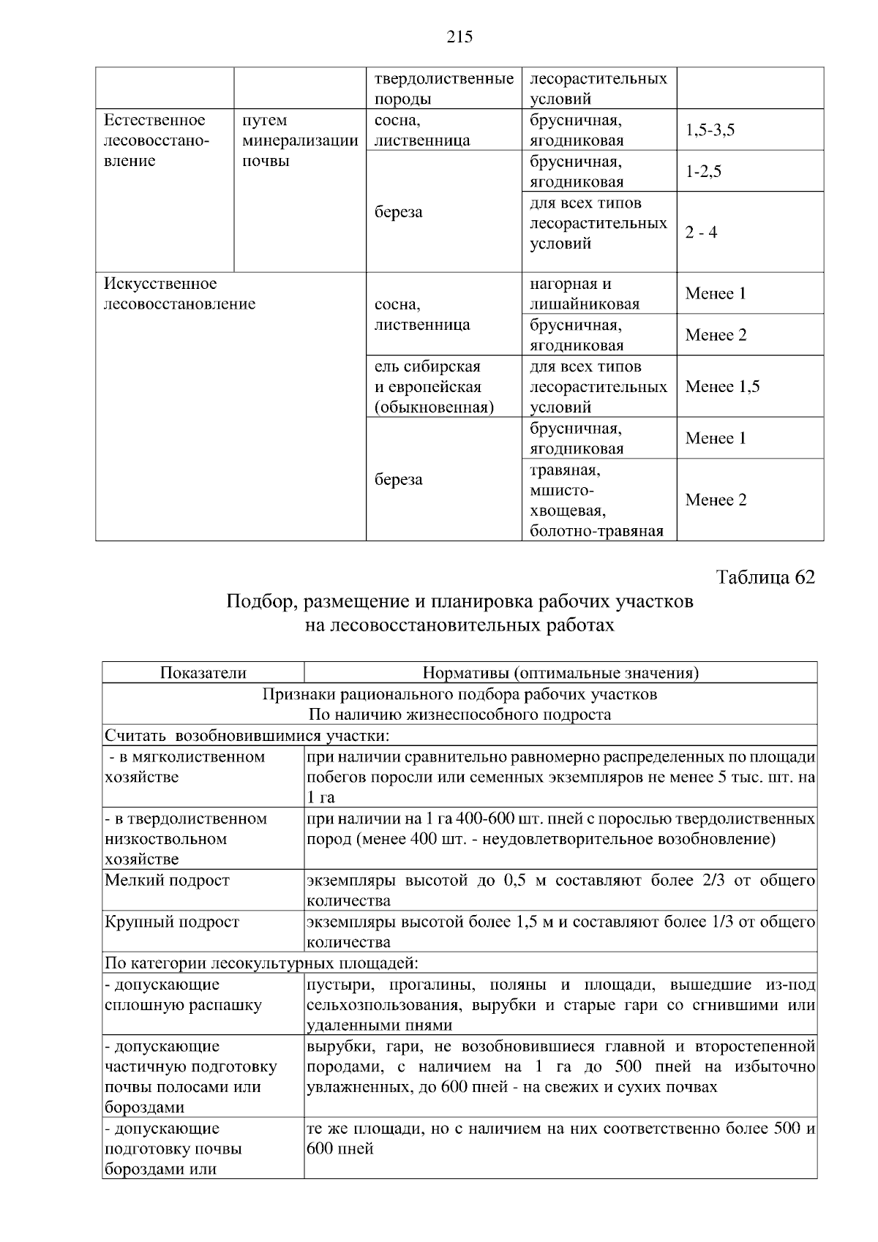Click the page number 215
point(459,37)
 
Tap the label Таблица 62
point(765,577)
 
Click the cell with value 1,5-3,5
point(710,130)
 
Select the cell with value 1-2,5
point(703,172)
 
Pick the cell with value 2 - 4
point(701,233)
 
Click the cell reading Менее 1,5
point(722,386)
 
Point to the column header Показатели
point(203,673)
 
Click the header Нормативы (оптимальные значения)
point(560,673)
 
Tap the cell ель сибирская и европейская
point(434,387)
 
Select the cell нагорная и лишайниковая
point(585,293)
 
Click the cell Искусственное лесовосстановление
point(179,293)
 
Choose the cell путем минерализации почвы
point(299,140)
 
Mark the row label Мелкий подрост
point(167,881)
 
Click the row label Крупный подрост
point(172,922)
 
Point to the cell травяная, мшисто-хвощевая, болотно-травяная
point(596,500)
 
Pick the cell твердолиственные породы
point(443,89)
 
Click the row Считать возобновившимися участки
point(247,735)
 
